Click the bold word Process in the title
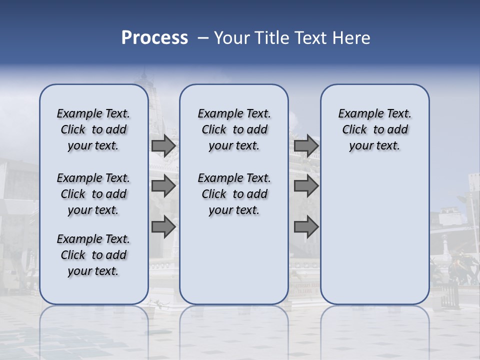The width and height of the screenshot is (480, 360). coord(154,37)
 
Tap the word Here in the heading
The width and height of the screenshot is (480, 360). coord(352,37)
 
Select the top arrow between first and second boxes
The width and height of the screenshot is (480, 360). coord(163,146)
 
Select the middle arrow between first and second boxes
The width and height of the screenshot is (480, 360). coord(163,186)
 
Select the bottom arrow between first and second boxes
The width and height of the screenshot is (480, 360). coord(163,227)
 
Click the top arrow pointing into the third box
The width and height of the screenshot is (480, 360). coord(306,146)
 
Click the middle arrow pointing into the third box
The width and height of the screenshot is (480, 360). coord(306,186)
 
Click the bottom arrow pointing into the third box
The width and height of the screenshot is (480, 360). coord(306,227)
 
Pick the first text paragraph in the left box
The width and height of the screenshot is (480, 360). coord(93,129)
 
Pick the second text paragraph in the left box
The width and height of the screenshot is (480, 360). coord(93,194)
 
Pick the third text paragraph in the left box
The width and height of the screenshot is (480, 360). coord(93,255)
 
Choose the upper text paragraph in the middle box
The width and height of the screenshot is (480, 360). coord(234,129)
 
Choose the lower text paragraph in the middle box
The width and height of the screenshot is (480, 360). coord(234,194)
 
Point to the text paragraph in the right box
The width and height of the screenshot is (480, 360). coord(374,129)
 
